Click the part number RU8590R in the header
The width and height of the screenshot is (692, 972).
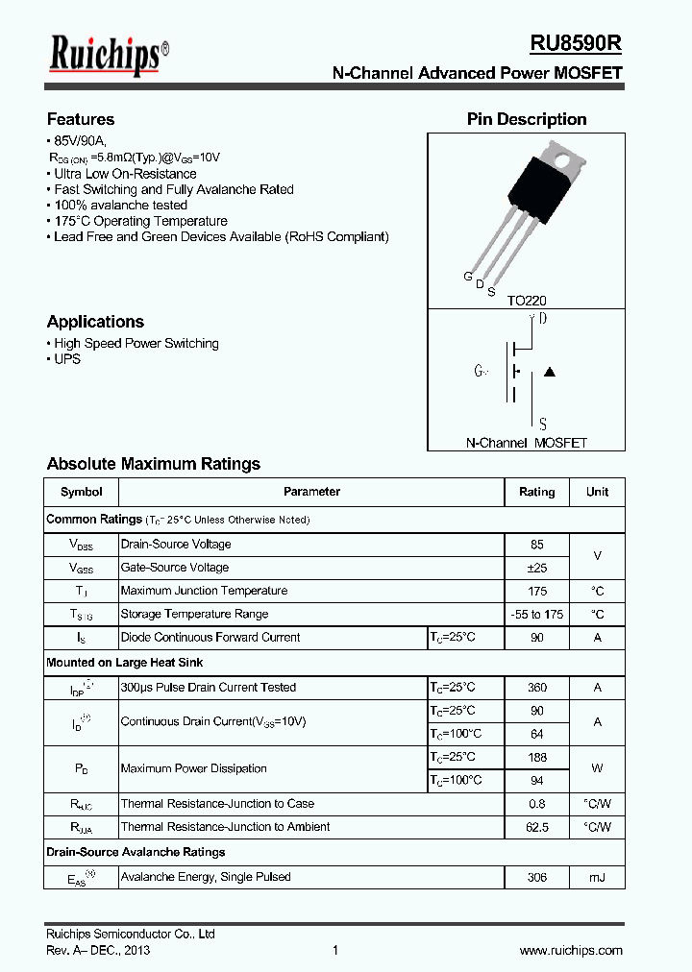tap(576, 44)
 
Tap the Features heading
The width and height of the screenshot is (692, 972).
tap(81, 119)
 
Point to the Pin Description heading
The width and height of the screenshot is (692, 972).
tap(527, 119)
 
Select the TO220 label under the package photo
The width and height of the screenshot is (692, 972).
tap(527, 301)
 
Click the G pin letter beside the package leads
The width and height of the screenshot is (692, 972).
tap(468, 277)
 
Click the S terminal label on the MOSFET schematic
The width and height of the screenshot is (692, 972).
tap(543, 424)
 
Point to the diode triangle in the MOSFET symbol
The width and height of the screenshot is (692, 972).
tap(550, 372)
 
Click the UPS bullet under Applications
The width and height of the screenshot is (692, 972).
tap(67, 359)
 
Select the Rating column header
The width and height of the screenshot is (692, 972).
tap(536, 492)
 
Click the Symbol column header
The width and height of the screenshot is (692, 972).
tap(81, 492)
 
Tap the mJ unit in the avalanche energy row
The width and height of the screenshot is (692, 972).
tap(597, 877)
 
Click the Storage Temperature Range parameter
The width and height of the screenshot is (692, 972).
tap(194, 614)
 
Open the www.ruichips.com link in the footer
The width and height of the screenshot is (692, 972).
tap(571, 950)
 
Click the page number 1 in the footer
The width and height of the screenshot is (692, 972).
tap(335, 950)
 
